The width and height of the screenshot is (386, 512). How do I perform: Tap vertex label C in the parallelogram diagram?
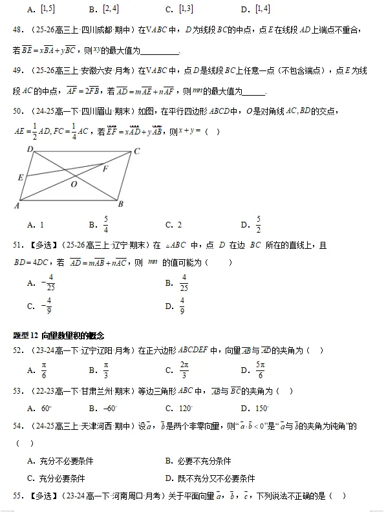point(136,151)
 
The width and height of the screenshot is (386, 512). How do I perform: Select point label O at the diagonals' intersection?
point(74,184)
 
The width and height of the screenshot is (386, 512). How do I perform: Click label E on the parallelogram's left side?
point(21,177)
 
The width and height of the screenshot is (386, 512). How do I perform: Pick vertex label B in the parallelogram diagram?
point(120,205)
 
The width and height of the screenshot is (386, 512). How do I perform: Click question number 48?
point(19,30)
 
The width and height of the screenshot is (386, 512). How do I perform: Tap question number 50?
point(19,112)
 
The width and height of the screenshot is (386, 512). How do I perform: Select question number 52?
point(19,350)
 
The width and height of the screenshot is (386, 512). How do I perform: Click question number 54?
point(19,426)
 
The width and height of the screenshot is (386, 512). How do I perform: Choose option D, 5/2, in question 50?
point(257,224)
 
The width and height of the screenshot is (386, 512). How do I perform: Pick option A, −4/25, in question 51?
point(49,283)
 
